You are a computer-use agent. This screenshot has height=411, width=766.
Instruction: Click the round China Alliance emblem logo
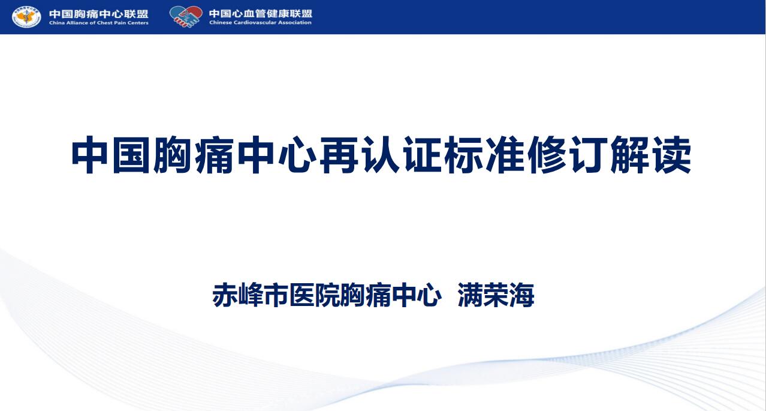pyautogui.click(x=26, y=17)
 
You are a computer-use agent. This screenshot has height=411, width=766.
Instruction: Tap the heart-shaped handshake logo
pyautogui.click(x=186, y=16)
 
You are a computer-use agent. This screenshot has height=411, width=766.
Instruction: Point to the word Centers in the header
pyautogui.click(x=138, y=23)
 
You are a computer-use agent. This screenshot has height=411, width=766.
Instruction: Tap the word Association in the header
pyautogui.click(x=295, y=23)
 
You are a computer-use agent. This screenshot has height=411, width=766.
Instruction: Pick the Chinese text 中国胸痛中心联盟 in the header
pyautogui.click(x=99, y=14)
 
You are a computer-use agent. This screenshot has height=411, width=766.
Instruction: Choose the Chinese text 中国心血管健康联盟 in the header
pyautogui.click(x=261, y=14)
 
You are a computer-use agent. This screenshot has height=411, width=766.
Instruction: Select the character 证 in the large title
pyautogui.click(x=423, y=155)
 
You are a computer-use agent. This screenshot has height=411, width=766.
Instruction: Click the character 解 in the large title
pyautogui.click(x=630, y=155)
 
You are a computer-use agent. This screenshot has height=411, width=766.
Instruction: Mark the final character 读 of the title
pyautogui.click(x=672, y=155)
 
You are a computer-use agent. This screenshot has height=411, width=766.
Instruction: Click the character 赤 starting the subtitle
pyautogui.click(x=225, y=295)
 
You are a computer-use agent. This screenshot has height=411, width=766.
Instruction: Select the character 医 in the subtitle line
pyautogui.click(x=301, y=295)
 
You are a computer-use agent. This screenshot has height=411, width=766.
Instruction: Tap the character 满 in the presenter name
pyautogui.click(x=471, y=295)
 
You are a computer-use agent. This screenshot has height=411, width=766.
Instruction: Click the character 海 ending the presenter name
pyautogui.click(x=522, y=295)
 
